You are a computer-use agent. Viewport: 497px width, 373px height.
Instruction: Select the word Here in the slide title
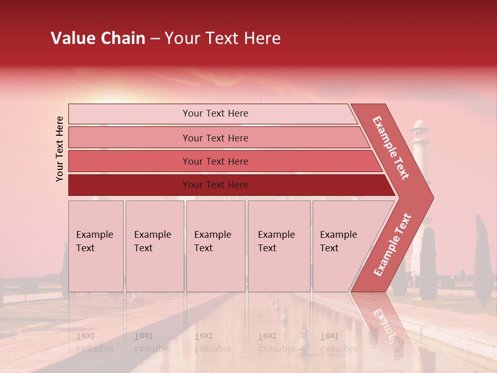pos(262,38)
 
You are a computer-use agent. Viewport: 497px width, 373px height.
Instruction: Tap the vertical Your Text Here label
pos(60,149)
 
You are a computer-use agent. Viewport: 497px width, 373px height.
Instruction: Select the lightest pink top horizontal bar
pos(129,114)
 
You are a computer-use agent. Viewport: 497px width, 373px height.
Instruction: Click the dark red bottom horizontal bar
pos(129,185)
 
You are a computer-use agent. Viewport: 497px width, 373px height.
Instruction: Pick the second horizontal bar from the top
pos(129,138)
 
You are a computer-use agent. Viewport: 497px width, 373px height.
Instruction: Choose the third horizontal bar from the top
pos(129,161)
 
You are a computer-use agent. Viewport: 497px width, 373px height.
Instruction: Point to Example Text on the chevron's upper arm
pos(391,148)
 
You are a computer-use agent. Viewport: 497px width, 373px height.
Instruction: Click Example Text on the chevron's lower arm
pos(392,245)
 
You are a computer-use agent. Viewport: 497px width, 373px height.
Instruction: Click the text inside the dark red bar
pos(215,185)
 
